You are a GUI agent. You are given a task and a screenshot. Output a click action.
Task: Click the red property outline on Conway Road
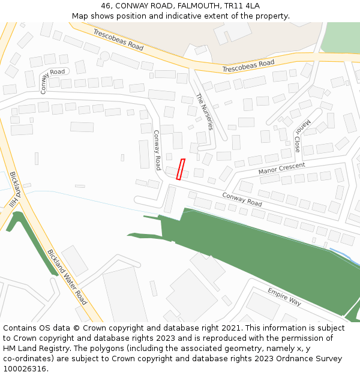[181, 169]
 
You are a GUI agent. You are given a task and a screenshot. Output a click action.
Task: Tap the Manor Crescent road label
[281, 168]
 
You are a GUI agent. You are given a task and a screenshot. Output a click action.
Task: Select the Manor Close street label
[301, 135]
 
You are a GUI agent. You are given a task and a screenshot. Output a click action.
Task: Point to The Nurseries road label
[205, 111]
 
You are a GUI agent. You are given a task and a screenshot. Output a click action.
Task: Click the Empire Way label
[284, 296]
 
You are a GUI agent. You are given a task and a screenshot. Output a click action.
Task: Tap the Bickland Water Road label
[67, 277]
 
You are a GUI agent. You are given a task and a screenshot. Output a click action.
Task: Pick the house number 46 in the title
[106, 5]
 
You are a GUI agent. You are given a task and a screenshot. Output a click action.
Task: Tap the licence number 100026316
[26, 369]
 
